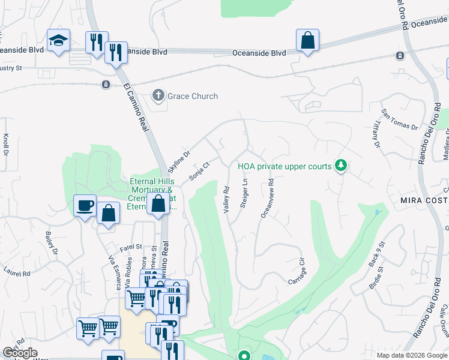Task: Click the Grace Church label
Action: point(192,96)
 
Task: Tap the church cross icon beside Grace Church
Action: point(158,95)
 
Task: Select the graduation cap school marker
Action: point(58,40)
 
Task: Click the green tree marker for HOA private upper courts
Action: point(341,165)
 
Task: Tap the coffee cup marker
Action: point(85,206)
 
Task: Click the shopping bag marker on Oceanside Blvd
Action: point(307,41)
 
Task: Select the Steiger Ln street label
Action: point(244,193)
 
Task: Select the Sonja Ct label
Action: point(199,171)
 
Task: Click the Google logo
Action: point(20,353)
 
